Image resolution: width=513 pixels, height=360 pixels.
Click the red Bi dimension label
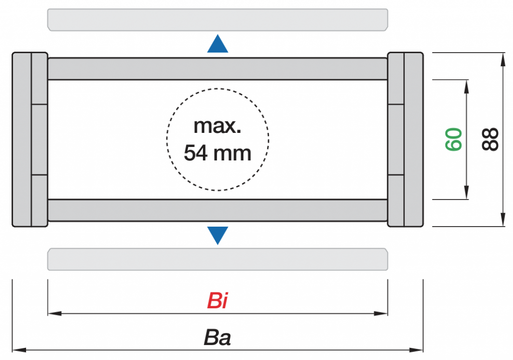pyautogui.click(x=218, y=302)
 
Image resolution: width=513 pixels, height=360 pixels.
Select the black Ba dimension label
pyautogui.click(x=217, y=337)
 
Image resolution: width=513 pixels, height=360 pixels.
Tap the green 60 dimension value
pyautogui.click(x=454, y=139)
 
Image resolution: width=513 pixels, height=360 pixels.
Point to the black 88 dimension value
pyautogui.click(x=490, y=139)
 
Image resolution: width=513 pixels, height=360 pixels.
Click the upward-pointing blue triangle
pyautogui.click(x=218, y=44)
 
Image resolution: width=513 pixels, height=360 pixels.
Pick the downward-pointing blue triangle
pyautogui.click(x=218, y=235)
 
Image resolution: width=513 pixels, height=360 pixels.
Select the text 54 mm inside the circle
pyautogui.click(x=217, y=152)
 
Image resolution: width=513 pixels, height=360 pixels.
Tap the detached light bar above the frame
pyautogui.click(x=217, y=19)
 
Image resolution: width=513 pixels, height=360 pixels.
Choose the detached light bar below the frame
pyautogui.click(x=217, y=259)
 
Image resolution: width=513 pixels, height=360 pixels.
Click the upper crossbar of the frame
pyautogui.click(x=217, y=69)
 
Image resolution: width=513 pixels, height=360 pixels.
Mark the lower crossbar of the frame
pyautogui.click(x=217, y=210)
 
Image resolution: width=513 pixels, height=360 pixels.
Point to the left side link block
pyautogui.click(x=30, y=139)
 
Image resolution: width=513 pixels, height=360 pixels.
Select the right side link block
pyautogui.click(x=405, y=139)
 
